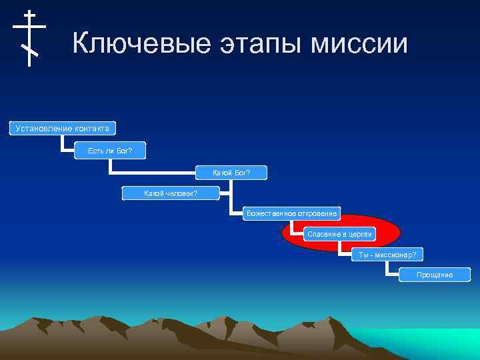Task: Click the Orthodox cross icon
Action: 29,38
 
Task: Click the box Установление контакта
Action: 62,128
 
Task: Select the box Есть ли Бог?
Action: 110,151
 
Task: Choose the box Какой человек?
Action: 171,194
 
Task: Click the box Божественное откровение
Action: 291,214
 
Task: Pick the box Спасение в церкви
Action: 339,234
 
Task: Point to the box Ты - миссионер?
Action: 387,255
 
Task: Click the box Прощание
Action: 434,275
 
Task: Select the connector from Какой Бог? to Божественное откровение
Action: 232,200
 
